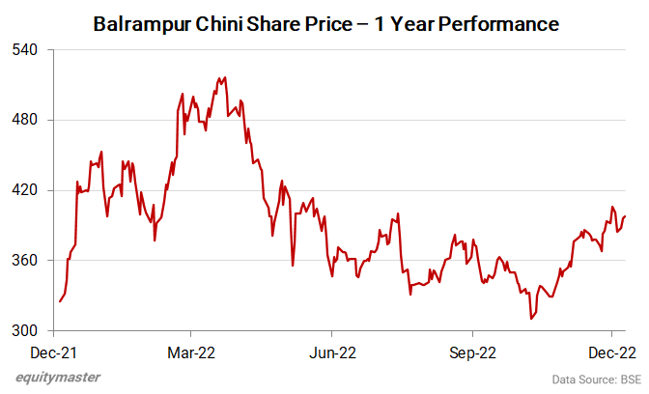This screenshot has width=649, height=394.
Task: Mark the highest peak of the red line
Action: [x=224, y=77]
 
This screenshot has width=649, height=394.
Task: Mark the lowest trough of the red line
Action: [x=530, y=318]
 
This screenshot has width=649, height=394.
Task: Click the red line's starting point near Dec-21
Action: [x=60, y=301]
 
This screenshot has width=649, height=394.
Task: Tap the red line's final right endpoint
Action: [x=625, y=216]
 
